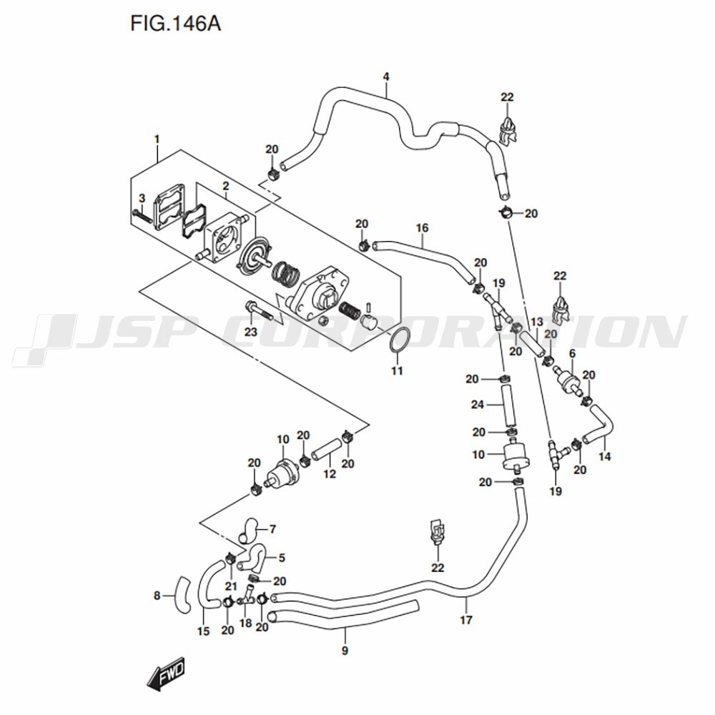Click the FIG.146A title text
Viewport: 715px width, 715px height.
click(175, 24)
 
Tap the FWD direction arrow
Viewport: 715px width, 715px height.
click(167, 675)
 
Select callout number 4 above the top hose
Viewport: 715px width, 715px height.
click(386, 77)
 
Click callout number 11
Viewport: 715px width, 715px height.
click(397, 370)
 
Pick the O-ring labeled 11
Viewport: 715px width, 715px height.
click(400, 340)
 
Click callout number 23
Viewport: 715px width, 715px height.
click(250, 332)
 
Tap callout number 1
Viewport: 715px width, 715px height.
click(157, 139)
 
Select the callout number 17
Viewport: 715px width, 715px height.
click(466, 620)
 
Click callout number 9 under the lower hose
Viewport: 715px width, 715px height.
click(345, 651)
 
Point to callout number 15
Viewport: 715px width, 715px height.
click(203, 631)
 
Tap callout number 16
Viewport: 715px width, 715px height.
click(423, 228)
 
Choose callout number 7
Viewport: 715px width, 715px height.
click(272, 529)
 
